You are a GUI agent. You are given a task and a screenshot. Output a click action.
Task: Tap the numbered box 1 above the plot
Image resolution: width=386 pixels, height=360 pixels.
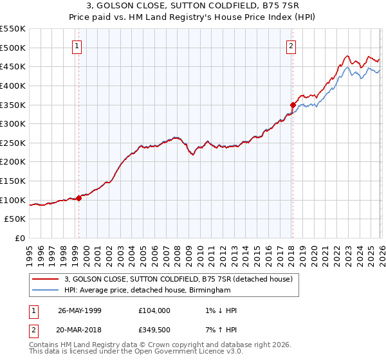[x=77, y=46]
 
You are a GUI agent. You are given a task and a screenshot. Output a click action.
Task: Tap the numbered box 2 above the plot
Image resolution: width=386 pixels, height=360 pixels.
[x=291, y=46]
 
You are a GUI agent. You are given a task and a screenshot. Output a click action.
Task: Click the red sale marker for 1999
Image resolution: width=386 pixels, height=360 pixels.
[x=79, y=199]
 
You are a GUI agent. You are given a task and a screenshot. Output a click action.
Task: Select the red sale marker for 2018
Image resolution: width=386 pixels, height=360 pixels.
[x=293, y=105]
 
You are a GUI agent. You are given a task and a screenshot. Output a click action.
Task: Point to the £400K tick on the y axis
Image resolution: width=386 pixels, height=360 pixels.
[x=13, y=85]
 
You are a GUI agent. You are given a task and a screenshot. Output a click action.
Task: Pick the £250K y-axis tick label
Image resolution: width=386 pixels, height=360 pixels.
[x=13, y=143]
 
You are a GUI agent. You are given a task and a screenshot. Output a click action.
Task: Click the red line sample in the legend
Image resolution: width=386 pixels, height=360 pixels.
[x=46, y=280]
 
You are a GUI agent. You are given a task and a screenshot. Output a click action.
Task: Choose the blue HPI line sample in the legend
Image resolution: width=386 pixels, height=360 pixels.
[x=46, y=291]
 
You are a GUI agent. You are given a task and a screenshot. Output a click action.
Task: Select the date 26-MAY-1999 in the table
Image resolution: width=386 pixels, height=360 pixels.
[x=80, y=310]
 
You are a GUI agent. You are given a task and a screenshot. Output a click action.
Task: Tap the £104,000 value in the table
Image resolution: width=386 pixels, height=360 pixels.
[x=154, y=310]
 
